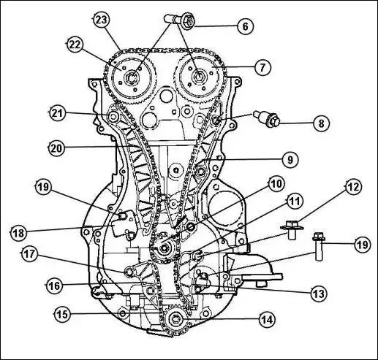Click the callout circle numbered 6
[x=246, y=26]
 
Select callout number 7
[x=262, y=67]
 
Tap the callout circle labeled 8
[x=321, y=123]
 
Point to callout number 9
[x=290, y=160]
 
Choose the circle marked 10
[x=276, y=184]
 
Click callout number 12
[x=353, y=187]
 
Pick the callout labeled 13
[x=320, y=294]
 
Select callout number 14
[x=268, y=319]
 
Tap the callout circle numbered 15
[x=62, y=314]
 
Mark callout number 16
[x=54, y=286]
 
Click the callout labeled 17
[x=30, y=254]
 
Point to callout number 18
[x=19, y=233]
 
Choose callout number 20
[x=56, y=148]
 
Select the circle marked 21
[x=58, y=113]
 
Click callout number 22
[x=75, y=45]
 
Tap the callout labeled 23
[x=102, y=20]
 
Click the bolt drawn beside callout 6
[x=180, y=20]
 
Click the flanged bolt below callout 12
[x=292, y=229]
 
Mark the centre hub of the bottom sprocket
[x=176, y=319]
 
